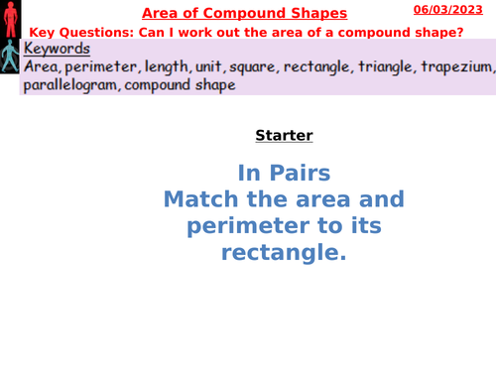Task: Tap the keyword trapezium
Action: click(457, 66)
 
